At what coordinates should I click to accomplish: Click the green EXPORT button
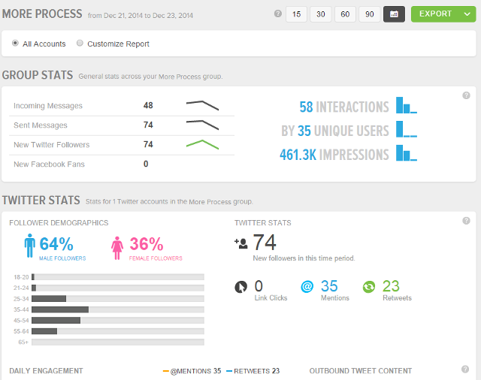point(435,14)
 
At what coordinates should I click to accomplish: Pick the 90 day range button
point(369,14)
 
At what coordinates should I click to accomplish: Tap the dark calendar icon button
point(394,14)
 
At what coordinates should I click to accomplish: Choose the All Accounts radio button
point(16,44)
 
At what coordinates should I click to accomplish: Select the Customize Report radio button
point(80,44)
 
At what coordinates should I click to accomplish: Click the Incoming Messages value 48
point(148,106)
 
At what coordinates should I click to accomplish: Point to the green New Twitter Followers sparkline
point(202,144)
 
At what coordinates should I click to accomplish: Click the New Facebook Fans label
point(49,164)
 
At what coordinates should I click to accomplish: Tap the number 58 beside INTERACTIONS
point(306,107)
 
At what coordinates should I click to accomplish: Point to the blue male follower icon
point(29,246)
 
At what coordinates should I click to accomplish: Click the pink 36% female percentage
point(146,244)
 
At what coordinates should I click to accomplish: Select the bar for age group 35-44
point(60,309)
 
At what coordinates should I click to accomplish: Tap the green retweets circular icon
point(369,287)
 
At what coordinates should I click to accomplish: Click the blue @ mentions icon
point(307,287)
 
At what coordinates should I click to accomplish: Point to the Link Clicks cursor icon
point(240,287)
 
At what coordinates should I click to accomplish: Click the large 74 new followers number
point(265,243)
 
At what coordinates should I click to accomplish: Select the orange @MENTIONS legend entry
point(192,371)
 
